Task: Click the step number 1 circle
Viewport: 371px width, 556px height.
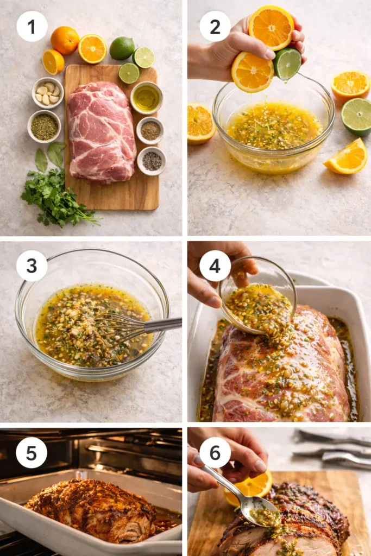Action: [x=32, y=26]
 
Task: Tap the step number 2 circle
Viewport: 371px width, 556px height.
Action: [x=215, y=26]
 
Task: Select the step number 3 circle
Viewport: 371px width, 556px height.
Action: [x=32, y=266]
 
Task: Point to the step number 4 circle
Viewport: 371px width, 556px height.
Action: [x=215, y=266]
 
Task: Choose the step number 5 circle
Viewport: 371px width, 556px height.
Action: [x=32, y=452]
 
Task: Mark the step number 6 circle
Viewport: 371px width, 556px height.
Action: [x=215, y=452]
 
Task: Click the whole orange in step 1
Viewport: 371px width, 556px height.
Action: [x=65, y=40]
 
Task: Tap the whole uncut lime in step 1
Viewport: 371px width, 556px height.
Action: [x=121, y=48]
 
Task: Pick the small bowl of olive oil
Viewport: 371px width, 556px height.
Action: [x=146, y=97]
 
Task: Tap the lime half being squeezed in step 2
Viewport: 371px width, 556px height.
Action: [x=287, y=64]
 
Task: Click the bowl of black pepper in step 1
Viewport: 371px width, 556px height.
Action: [x=152, y=161]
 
